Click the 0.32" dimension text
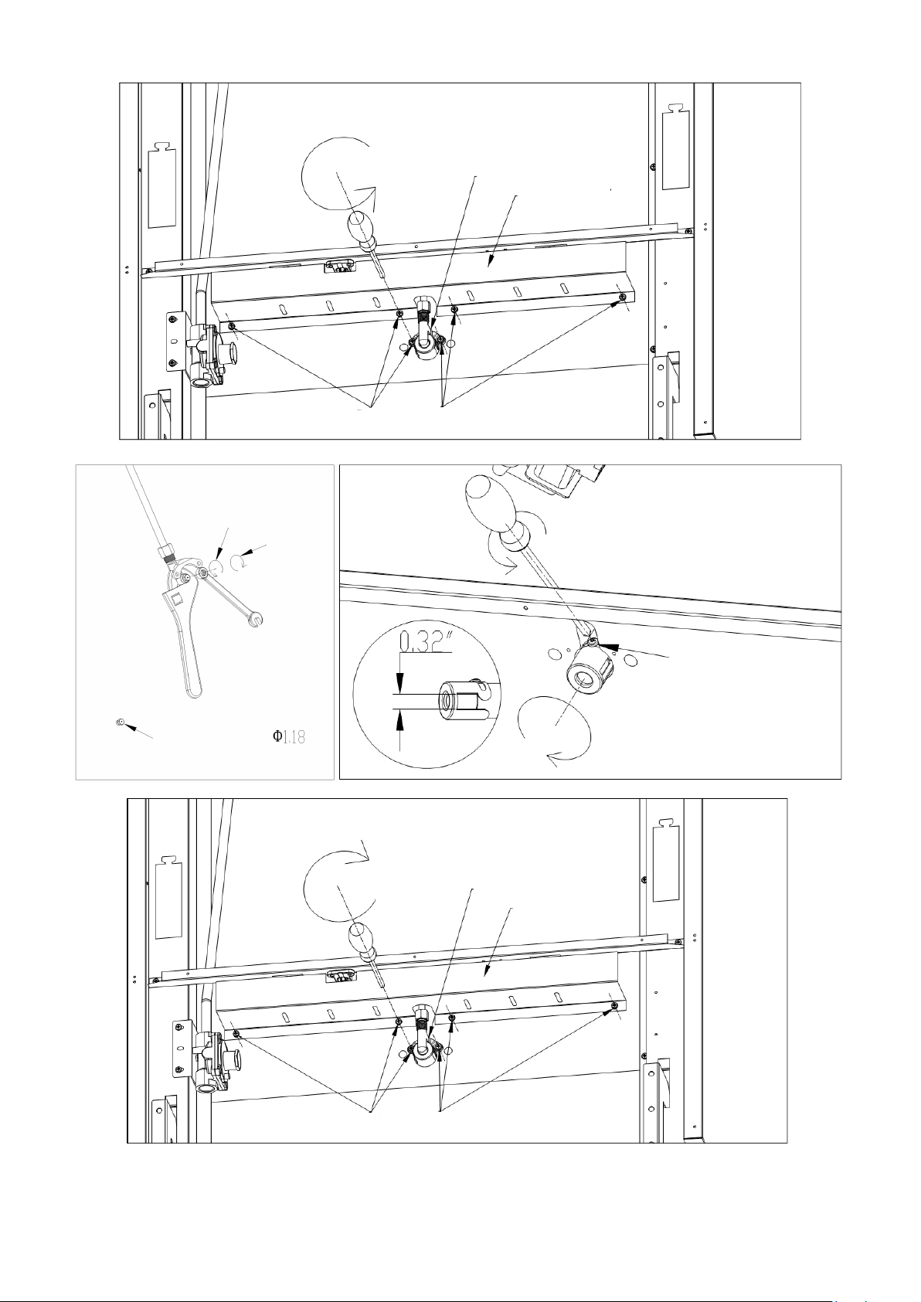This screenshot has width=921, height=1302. pos(426,643)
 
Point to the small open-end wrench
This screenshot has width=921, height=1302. pos(233,599)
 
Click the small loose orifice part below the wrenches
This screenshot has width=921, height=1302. pos(118,722)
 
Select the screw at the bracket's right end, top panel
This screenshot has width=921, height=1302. pos(622,297)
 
